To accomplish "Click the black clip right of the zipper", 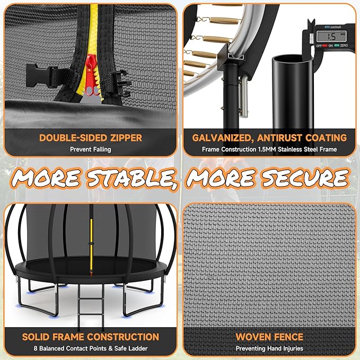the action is point(120,83).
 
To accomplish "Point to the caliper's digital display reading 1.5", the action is point(331,37).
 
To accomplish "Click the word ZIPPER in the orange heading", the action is point(126,138).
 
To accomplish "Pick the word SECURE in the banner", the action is point(305,178).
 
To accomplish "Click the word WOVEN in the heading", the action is point(251,337).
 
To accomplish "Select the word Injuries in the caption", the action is point(293,348).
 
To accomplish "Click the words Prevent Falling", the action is point(91,150).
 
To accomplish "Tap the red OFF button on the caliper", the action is point(324,46).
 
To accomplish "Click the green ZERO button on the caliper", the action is point(337,46).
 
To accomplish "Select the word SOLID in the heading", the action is point(36,337).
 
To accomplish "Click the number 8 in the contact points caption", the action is point(36,348).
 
